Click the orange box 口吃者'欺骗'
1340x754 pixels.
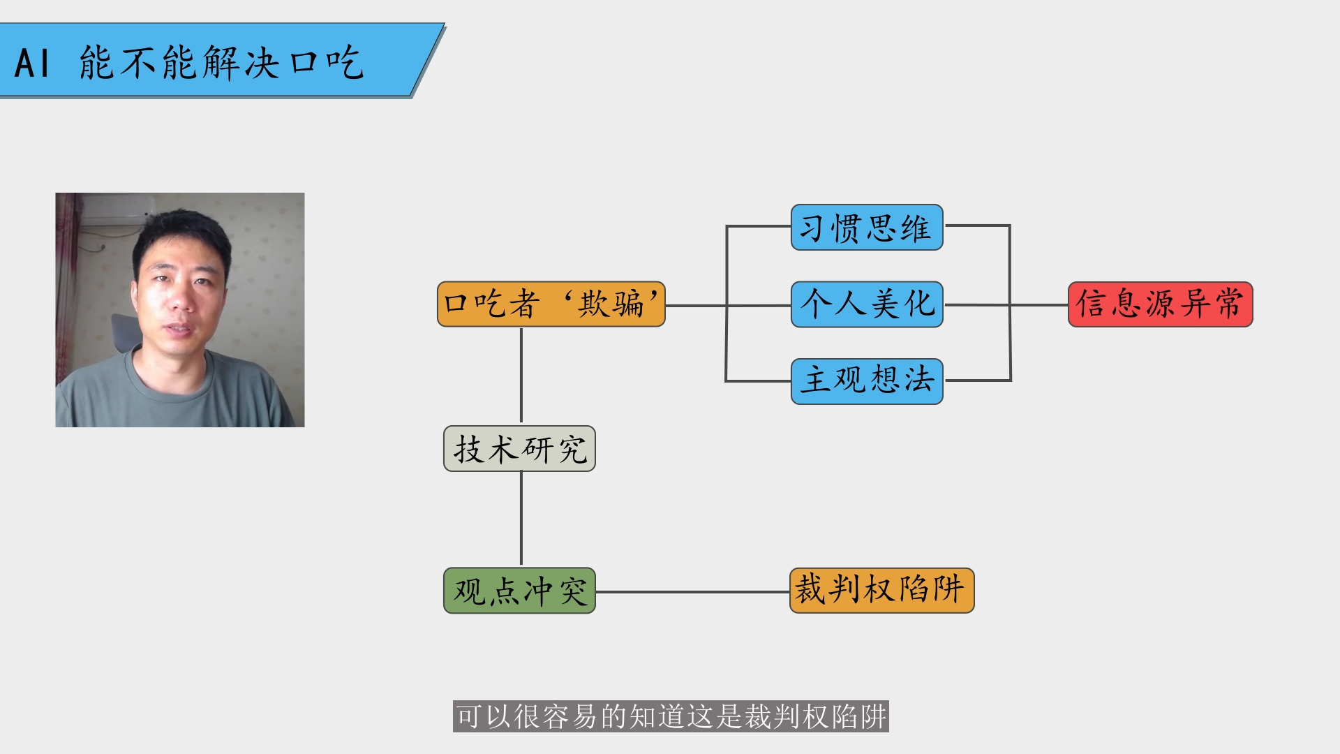click(x=551, y=304)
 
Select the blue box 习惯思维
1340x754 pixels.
click(x=867, y=228)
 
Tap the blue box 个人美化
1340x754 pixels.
click(x=867, y=304)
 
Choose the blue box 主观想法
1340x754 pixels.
click(x=867, y=381)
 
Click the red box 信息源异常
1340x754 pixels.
click(x=1161, y=304)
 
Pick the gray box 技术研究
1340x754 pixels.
click(x=519, y=449)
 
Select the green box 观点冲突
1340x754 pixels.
click(x=519, y=591)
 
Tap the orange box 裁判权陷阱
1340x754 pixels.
click(x=882, y=591)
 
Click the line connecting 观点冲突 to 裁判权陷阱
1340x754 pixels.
click(x=693, y=591)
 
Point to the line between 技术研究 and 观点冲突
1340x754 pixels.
click(x=521, y=519)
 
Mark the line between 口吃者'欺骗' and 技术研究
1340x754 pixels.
click(x=521, y=376)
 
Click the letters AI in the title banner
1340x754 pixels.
click(x=32, y=64)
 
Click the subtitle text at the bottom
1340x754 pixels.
click(x=671, y=716)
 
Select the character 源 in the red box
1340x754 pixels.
click(x=1161, y=304)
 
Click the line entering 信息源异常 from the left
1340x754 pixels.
click(x=1039, y=305)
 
